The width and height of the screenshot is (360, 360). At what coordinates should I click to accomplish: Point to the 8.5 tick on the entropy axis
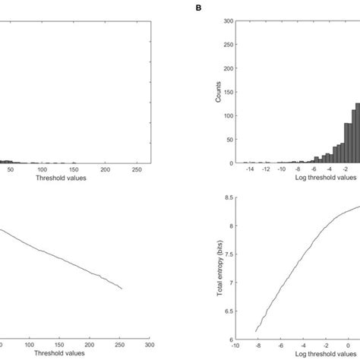tap(228, 197)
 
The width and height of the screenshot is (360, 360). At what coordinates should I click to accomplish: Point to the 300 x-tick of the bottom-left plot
tap(150, 346)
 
